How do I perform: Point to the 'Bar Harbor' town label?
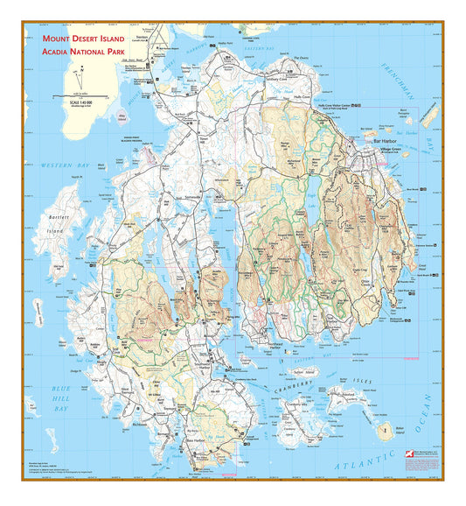[x=385, y=140]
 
